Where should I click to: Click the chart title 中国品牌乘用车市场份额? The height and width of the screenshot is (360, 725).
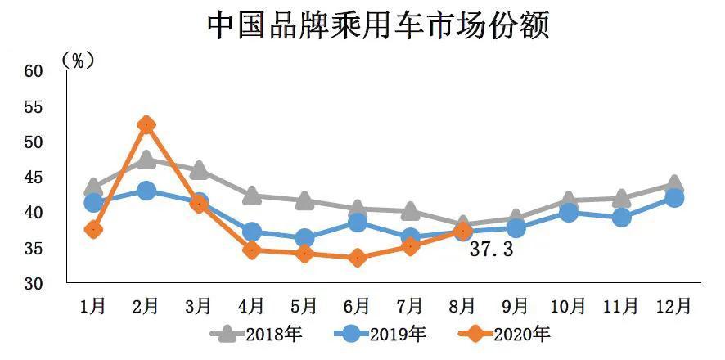[377, 25]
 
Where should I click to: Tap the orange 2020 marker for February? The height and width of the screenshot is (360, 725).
[146, 124]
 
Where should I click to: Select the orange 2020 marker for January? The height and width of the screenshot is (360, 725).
[93, 229]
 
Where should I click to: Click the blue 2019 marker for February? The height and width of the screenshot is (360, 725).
[146, 191]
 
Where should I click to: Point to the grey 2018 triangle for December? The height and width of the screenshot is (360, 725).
[674, 184]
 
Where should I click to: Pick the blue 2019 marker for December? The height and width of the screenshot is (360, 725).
[674, 197]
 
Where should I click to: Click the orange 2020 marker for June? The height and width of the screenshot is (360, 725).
[358, 258]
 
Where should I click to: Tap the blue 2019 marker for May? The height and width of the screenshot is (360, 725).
[304, 239]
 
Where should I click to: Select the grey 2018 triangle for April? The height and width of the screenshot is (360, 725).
[252, 196]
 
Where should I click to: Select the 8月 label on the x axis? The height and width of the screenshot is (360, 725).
[462, 306]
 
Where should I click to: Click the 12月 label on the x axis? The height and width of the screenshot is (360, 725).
[674, 306]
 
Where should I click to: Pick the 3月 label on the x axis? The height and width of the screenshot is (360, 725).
[199, 306]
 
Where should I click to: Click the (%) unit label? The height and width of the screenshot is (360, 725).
[79, 60]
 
